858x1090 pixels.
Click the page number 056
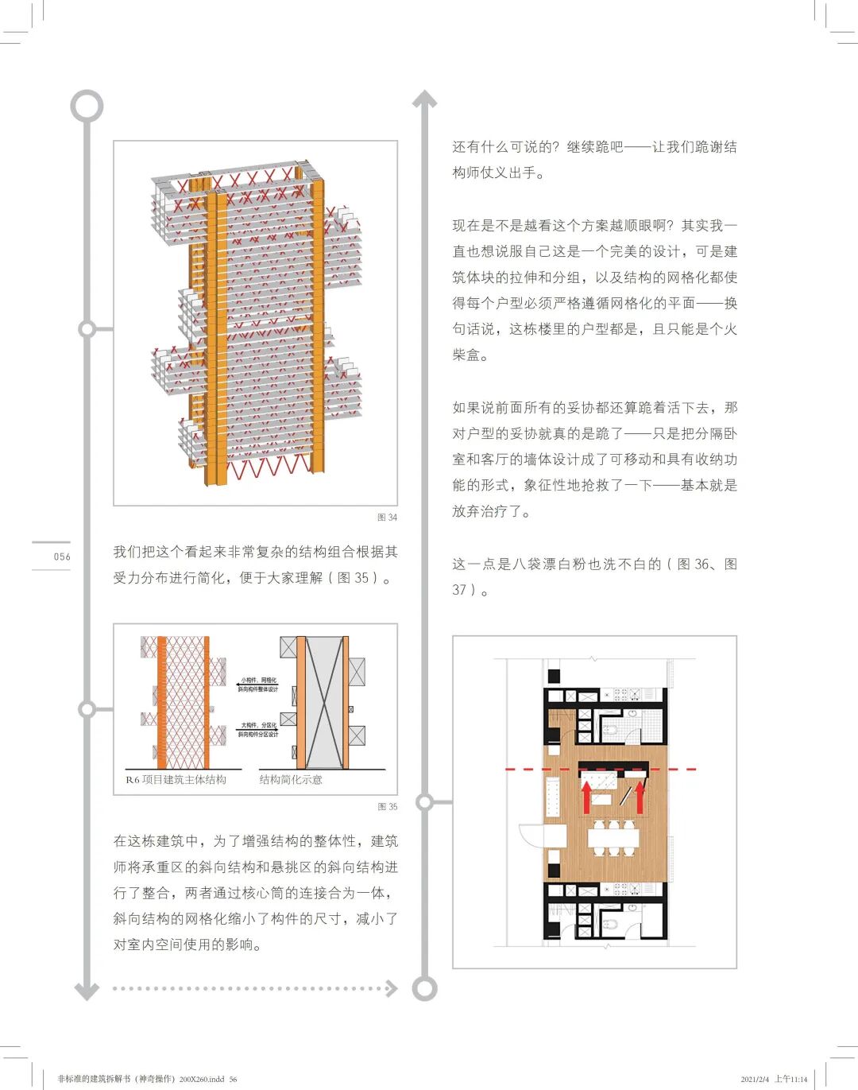tap(62, 557)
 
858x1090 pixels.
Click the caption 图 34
tap(387, 518)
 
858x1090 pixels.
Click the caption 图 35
tap(387, 807)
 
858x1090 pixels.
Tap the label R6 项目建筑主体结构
tap(176, 780)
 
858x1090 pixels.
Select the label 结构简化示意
tap(291, 780)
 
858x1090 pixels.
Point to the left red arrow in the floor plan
tap(586, 797)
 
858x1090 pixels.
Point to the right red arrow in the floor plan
tap(640, 797)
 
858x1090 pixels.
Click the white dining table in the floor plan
tap(613, 836)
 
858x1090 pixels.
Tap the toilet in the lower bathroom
tap(609, 923)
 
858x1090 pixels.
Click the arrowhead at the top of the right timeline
tap(424, 99)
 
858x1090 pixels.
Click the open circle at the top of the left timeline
tap(87, 106)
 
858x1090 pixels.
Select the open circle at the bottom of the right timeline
tap(424, 988)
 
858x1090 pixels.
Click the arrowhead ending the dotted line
tap(391, 988)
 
